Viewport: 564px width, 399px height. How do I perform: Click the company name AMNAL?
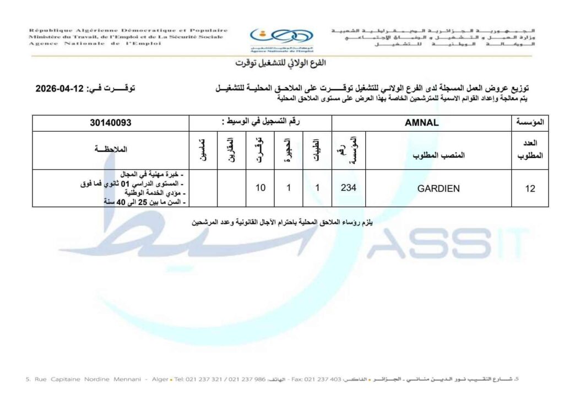point(422,123)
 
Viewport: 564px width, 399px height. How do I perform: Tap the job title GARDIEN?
point(438,188)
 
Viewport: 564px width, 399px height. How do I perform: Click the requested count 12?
point(530,188)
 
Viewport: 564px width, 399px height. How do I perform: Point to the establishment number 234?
point(348,187)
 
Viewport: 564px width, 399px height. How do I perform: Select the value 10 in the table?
point(261,187)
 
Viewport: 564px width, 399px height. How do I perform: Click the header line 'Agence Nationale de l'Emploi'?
point(95,44)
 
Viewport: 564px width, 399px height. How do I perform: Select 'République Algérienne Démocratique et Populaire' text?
point(128,30)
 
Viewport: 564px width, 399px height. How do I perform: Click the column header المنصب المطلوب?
point(438,155)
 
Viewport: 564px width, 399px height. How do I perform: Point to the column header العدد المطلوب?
point(530,149)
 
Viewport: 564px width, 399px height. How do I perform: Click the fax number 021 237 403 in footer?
point(311,379)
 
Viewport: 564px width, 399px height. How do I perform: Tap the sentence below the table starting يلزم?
point(282,222)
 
